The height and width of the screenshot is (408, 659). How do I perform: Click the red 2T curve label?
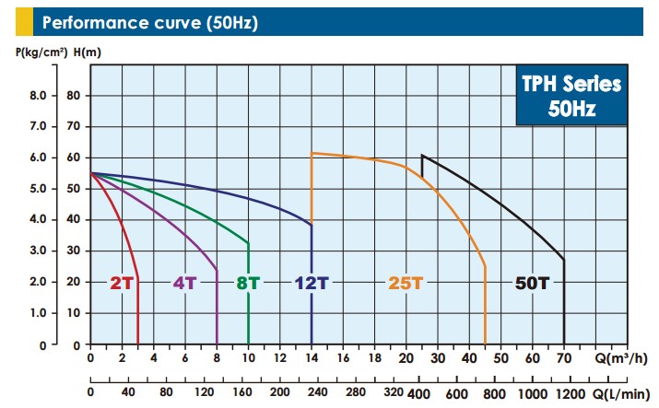(x=122, y=283)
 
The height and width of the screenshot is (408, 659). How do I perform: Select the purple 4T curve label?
(x=184, y=283)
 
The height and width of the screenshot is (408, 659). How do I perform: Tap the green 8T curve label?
(x=247, y=283)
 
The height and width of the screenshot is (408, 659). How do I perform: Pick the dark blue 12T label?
(x=312, y=283)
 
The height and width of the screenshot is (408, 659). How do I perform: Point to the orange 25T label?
(x=406, y=283)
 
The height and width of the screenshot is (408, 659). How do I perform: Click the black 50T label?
(x=531, y=283)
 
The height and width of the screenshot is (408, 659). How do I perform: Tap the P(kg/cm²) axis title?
(x=41, y=52)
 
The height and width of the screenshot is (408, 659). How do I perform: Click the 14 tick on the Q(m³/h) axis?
(x=312, y=358)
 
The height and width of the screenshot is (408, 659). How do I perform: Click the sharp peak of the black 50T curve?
(x=422, y=155)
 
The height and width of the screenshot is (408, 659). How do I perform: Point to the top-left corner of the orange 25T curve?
(x=312, y=153)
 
